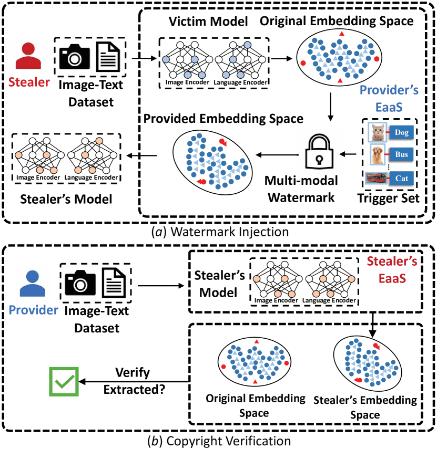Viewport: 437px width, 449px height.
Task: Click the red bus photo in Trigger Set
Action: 375,180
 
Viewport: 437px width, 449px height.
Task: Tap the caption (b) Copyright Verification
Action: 218,440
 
